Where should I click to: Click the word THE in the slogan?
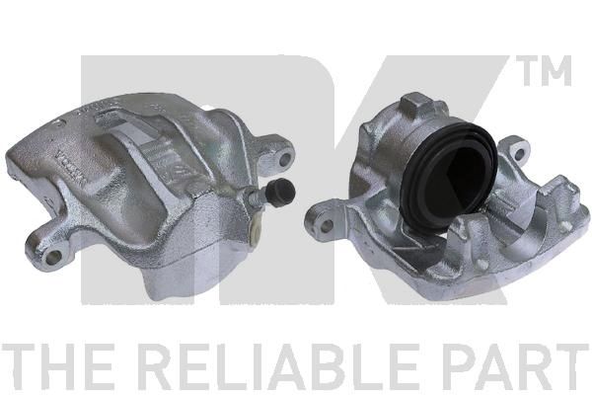coord(57,366)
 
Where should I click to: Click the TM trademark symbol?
coord(543,70)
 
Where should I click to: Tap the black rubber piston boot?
coord(449,176)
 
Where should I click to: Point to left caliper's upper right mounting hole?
coord(285,158)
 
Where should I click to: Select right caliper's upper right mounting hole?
coord(520,153)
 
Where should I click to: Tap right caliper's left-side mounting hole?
coord(326,225)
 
